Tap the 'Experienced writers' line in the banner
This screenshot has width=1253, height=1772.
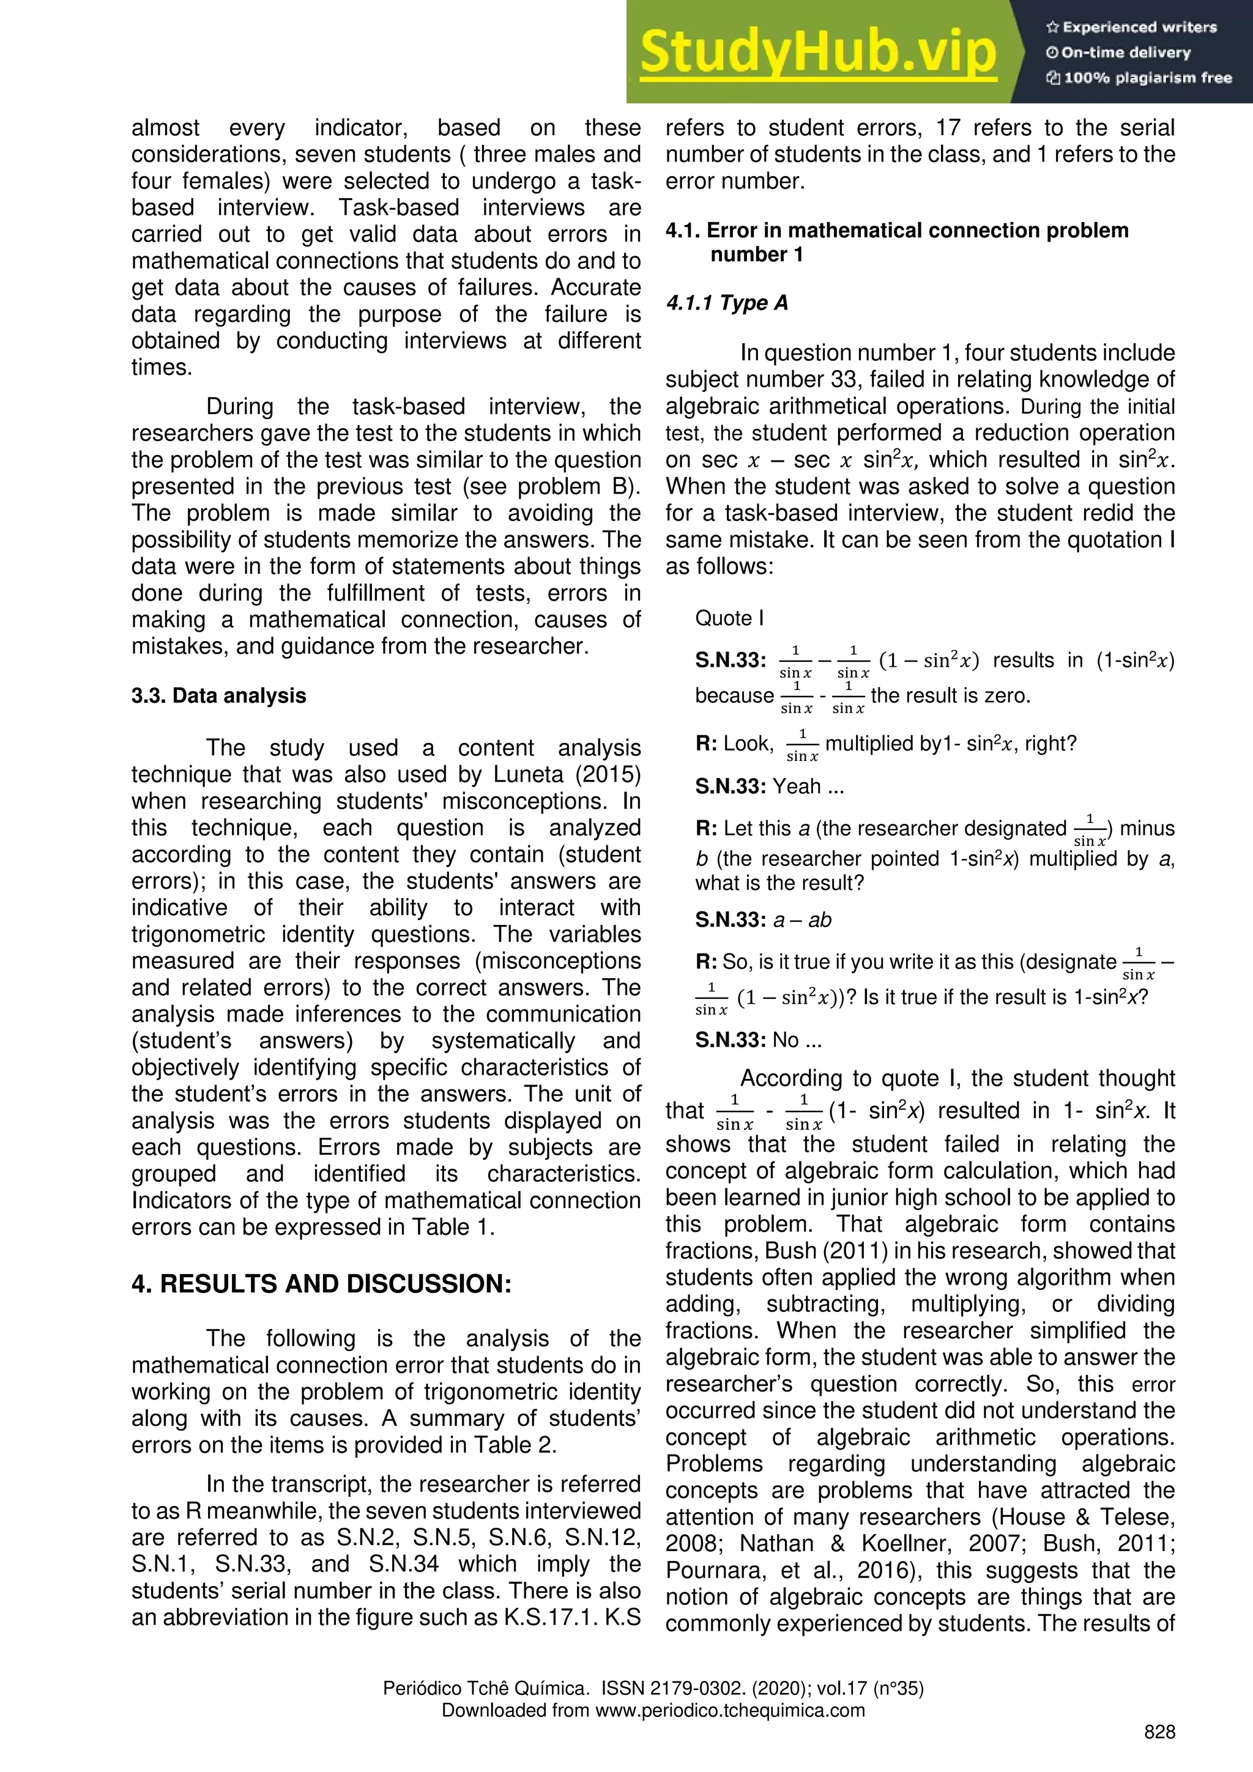[x=1131, y=28]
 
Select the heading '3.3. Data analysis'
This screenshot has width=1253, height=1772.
[x=218, y=696]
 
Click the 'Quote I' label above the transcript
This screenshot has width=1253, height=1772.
[x=729, y=618]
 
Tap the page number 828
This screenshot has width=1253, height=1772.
[x=1159, y=1733]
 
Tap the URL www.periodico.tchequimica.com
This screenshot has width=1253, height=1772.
[x=731, y=1710]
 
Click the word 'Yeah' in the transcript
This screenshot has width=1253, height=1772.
[x=797, y=787]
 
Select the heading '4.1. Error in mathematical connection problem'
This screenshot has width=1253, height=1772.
[x=897, y=231]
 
